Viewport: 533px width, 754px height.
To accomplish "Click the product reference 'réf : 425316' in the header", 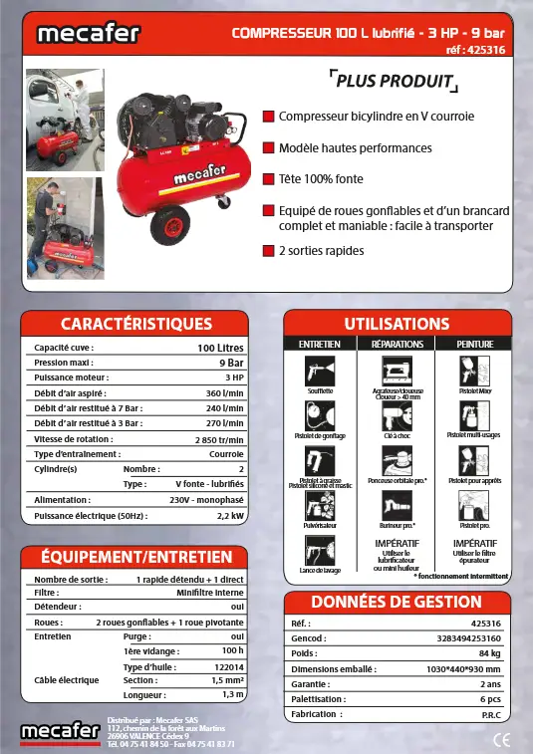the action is pyautogui.click(x=477, y=49).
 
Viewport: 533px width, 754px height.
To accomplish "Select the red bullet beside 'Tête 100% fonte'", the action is pyautogui.click(x=268, y=179).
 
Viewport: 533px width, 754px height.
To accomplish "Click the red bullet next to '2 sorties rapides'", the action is pyautogui.click(x=268, y=251).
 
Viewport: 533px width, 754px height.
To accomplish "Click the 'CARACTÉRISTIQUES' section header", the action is pyautogui.click(x=136, y=324).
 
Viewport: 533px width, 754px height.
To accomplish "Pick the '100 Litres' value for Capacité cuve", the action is pyautogui.click(x=220, y=348).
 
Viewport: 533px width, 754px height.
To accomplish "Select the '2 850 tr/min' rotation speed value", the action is pyautogui.click(x=219, y=438).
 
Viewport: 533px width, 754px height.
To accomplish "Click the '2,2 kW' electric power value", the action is pyautogui.click(x=230, y=516).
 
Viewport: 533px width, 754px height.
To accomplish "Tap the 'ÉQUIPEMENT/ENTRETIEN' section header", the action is pyautogui.click(x=135, y=557).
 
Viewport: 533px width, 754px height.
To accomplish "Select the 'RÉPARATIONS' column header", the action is pyautogui.click(x=397, y=344).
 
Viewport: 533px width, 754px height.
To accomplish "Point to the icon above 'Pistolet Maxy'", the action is pyautogui.click(x=476, y=372).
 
